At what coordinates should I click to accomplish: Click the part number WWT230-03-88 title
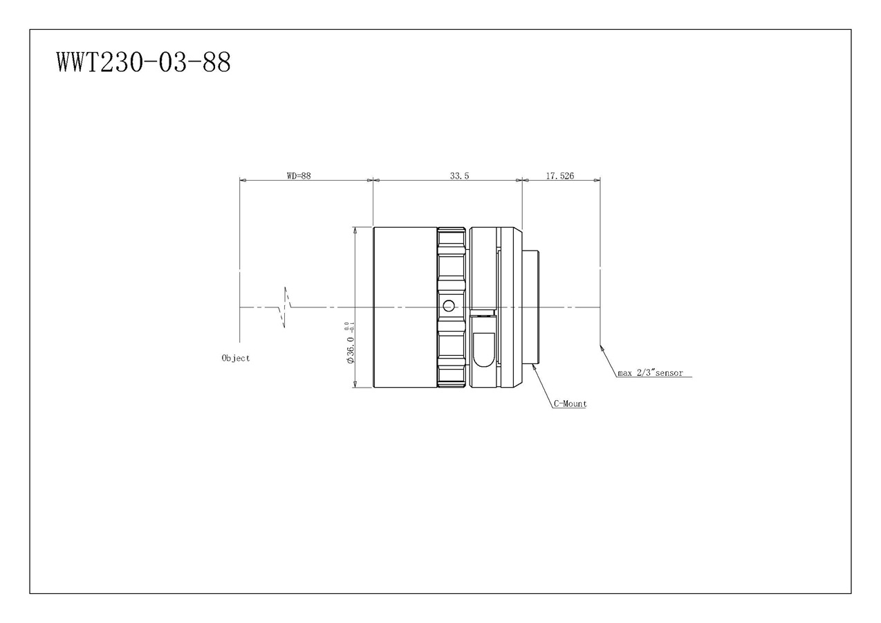click(144, 62)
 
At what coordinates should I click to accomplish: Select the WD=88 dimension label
click(299, 176)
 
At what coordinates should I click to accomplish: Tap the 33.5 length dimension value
click(459, 176)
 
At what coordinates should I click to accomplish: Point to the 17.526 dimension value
click(559, 176)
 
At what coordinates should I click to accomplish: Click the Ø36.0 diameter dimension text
click(351, 350)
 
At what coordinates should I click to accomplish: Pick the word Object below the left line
click(236, 358)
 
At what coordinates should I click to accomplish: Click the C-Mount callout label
click(571, 404)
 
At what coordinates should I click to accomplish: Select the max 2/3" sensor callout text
click(651, 372)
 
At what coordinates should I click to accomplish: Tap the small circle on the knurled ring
click(448, 305)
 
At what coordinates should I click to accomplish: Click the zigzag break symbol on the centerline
click(285, 307)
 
